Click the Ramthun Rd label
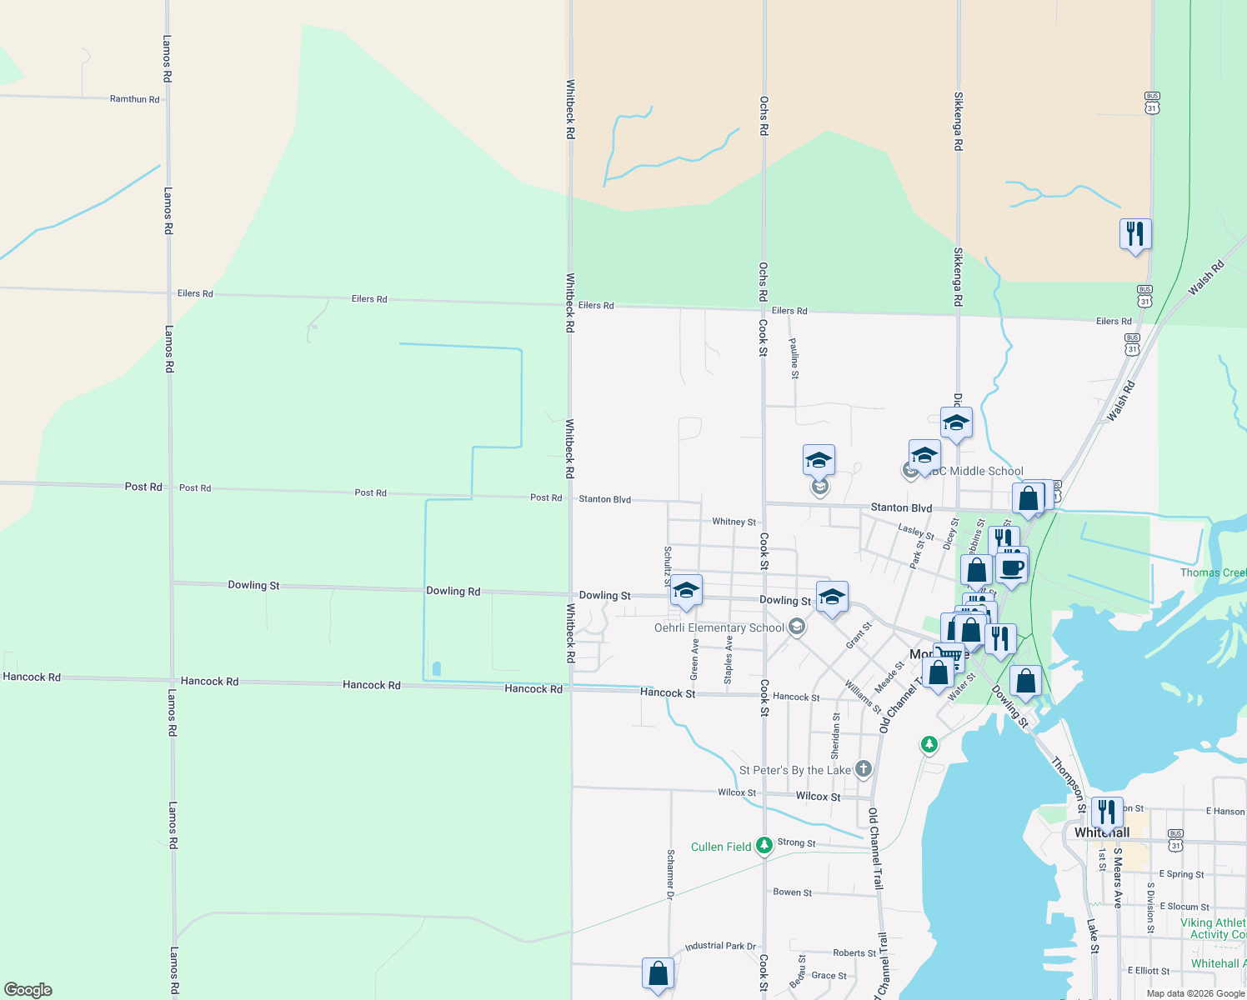point(134,99)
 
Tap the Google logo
point(28,990)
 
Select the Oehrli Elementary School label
point(719,627)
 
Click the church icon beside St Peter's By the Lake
point(864,769)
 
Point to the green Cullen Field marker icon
point(764,846)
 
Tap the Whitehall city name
point(1102,832)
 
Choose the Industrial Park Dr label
point(720,946)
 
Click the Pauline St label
point(794,358)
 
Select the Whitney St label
point(734,522)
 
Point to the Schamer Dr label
point(670,874)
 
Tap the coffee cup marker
point(1013,569)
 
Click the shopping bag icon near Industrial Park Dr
point(658,973)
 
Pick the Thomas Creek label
point(1213,572)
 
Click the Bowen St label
point(792,892)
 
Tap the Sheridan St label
point(835,735)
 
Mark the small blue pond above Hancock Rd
point(437,668)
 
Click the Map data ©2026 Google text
point(1195,993)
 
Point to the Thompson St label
point(1069,784)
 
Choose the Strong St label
point(796,843)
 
